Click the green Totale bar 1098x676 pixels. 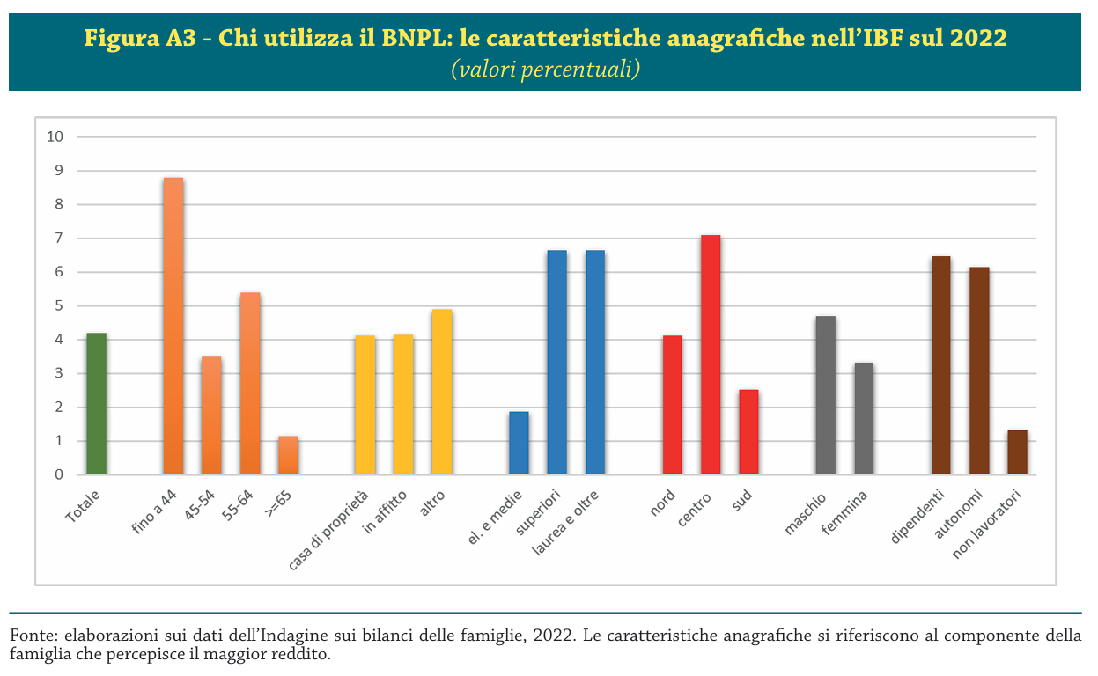click(96, 404)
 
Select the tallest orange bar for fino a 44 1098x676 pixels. click(173, 326)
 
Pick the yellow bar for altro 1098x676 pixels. click(442, 393)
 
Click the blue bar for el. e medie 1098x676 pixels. click(519, 443)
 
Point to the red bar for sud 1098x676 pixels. click(748, 432)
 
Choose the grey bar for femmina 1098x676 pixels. click(864, 419)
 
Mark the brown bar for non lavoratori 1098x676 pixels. click(1017, 452)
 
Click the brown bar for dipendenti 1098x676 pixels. click(940, 365)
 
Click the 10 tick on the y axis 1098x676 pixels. click(56, 136)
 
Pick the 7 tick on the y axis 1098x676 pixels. click(60, 239)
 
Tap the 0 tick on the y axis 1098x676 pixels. click(60, 475)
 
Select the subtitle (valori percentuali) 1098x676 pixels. click(545, 69)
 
